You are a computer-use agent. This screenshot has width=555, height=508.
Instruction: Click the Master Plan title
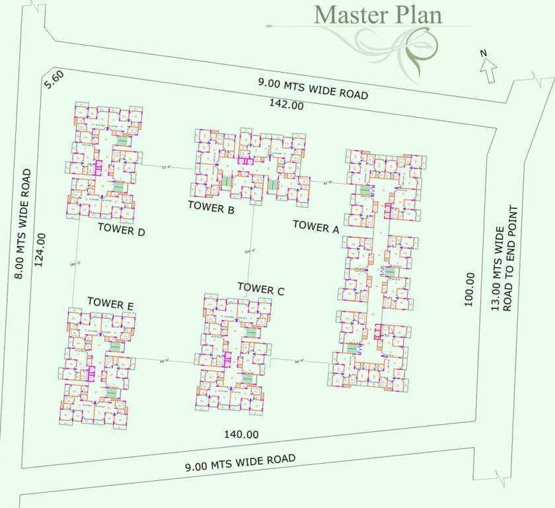[x=377, y=14]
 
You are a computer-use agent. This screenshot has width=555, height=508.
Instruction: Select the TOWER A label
[x=316, y=226]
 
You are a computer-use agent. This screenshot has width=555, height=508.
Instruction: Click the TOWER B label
[x=211, y=206]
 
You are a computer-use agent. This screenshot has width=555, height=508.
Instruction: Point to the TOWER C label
[x=261, y=288]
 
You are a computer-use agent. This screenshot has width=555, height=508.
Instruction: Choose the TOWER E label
[x=110, y=304]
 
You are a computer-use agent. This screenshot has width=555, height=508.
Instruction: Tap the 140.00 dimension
[x=240, y=435]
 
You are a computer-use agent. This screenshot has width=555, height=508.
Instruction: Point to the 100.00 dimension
[x=470, y=289]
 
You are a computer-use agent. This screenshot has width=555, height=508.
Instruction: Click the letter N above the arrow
[x=483, y=54]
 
